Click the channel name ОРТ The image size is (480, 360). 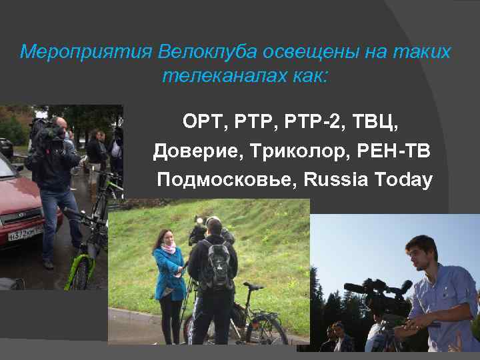[x=204, y=123]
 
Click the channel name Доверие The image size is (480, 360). [x=196, y=151]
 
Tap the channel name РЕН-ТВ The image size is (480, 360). [x=397, y=151]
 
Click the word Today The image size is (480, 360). [x=404, y=180]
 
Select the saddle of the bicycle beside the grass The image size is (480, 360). [x=253, y=285]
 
